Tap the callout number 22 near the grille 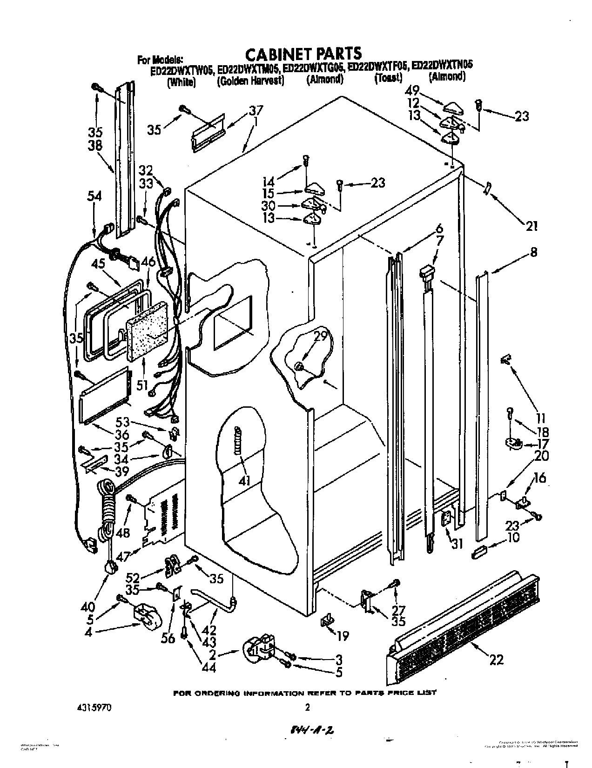click(497, 659)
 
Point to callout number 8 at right click(533, 252)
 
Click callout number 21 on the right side click(531, 226)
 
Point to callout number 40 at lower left click(87, 607)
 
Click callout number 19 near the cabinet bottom click(342, 635)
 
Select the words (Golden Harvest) click(250, 81)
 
